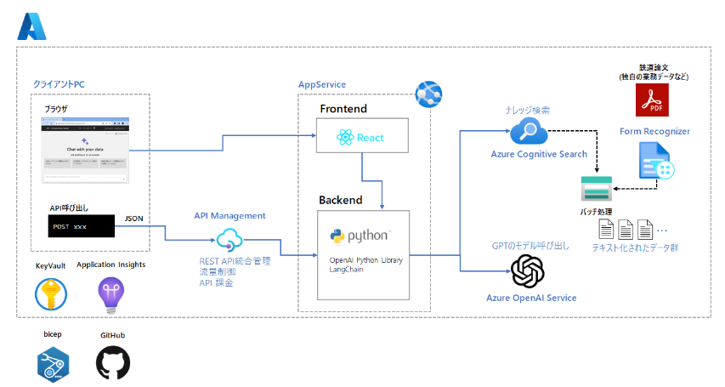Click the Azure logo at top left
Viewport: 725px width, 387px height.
point(31,27)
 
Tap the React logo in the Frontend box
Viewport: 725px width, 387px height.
point(344,136)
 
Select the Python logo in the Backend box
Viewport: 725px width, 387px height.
point(337,234)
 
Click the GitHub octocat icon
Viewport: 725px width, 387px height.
point(113,361)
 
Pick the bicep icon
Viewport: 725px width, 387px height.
point(53,362)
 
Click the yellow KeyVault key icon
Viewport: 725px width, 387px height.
point(51,293)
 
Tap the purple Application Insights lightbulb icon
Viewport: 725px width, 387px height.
point(110,293)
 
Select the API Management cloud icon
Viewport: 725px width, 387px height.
point(230,240)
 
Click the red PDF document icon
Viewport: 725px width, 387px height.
point(653,101)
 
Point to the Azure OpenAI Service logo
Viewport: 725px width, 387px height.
point(528,272)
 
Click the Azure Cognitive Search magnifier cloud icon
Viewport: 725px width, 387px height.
point(528,132)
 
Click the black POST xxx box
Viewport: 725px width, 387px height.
point(81,226)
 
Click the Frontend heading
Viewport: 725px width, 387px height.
point(343,110)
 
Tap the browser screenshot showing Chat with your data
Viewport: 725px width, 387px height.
point(85,150)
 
